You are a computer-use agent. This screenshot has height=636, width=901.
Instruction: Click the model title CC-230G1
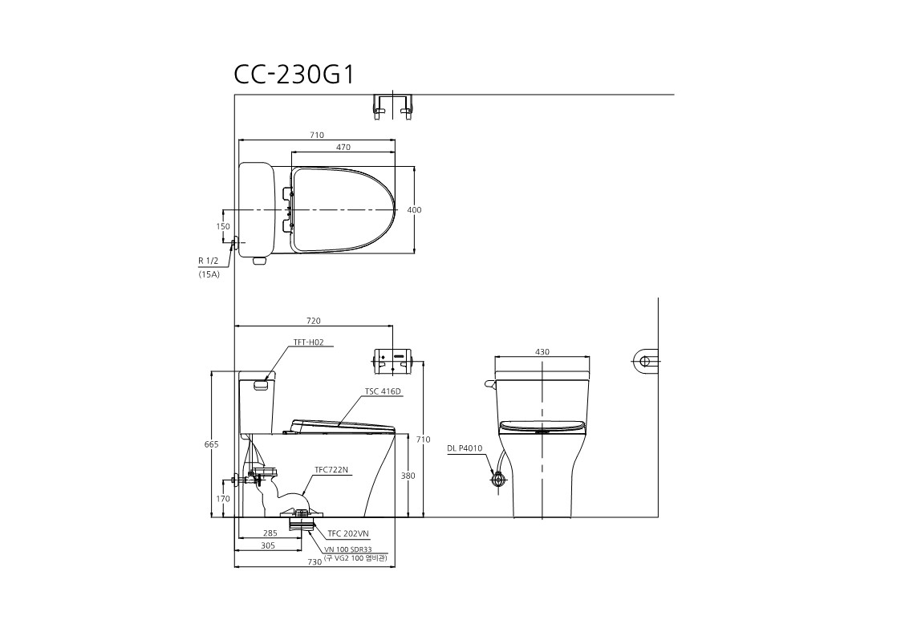294,74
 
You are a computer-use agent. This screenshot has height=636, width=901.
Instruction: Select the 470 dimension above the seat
343,147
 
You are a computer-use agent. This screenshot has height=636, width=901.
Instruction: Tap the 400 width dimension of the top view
414,209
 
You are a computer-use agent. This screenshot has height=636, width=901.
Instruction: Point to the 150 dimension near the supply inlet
223,226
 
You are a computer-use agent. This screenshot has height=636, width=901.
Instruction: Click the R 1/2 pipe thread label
208,261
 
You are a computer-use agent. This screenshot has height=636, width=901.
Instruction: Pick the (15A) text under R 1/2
209,274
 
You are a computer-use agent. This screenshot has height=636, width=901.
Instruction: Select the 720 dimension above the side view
314,321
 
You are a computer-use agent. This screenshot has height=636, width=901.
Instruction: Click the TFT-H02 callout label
309,342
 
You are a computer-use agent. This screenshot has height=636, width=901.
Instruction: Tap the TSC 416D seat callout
383,391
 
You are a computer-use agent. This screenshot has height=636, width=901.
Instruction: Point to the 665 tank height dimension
212,444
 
